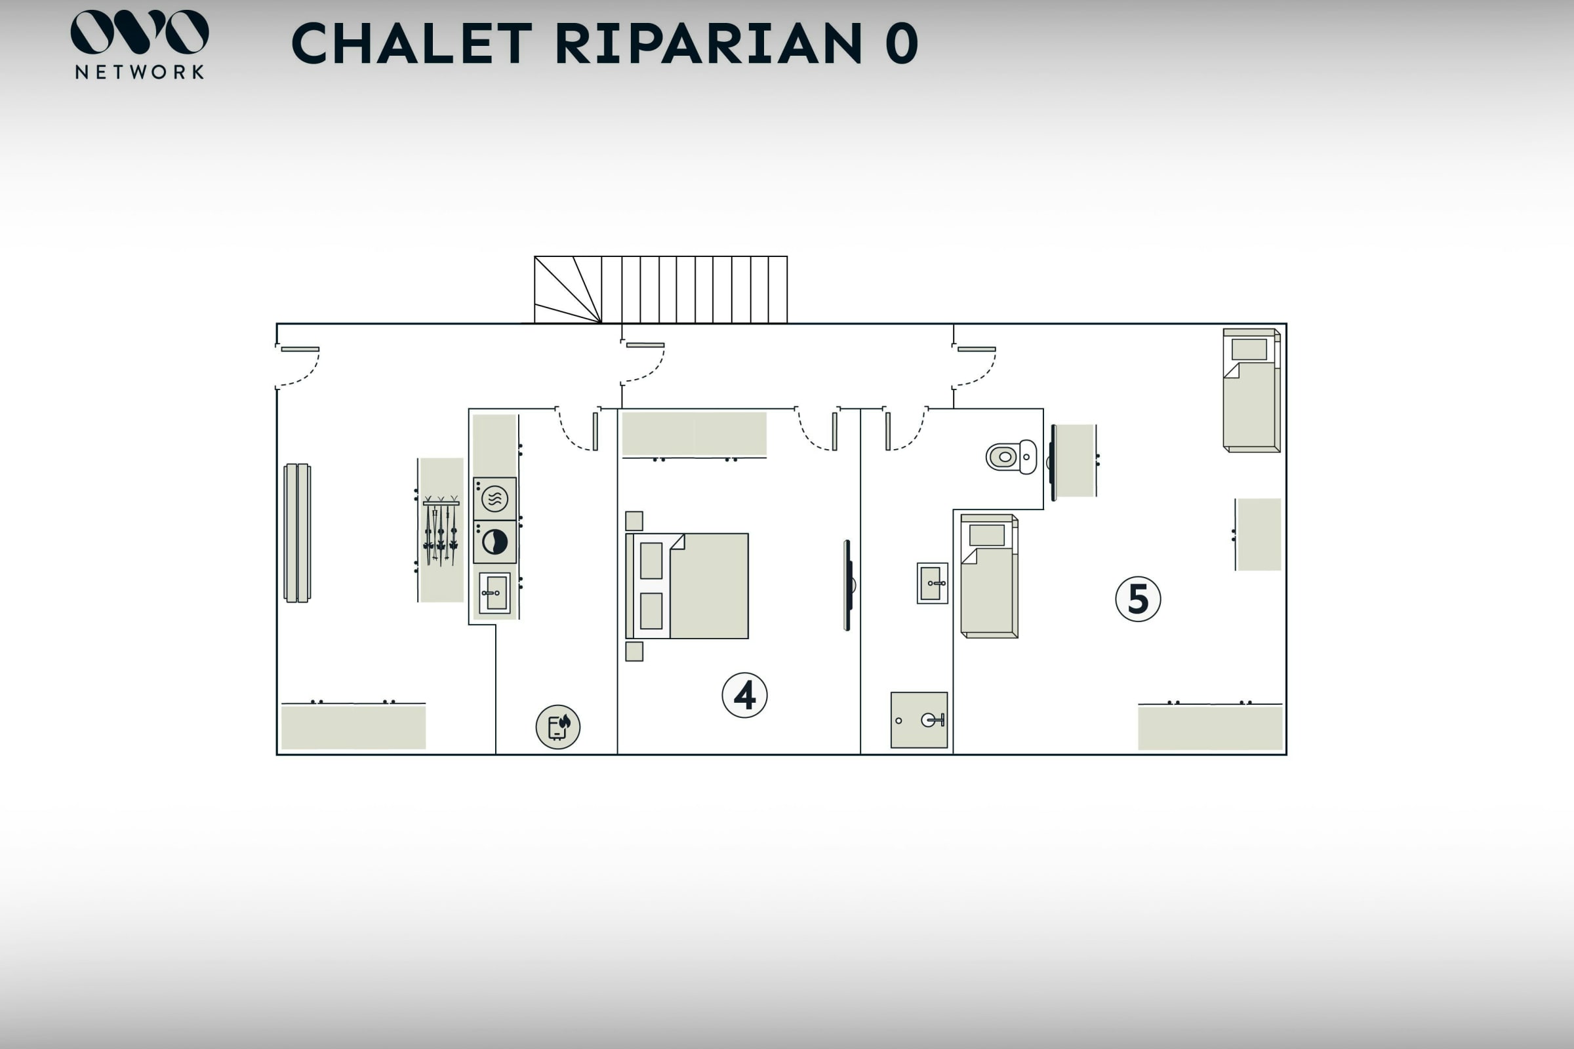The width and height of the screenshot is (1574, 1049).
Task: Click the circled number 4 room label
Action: pyautogui.click(x=744, y=695)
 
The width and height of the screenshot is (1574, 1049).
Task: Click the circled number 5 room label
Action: pyautogui.click(x=1138, y=599)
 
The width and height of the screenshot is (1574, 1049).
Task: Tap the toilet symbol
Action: pyautogui.click(x=1011, y=457)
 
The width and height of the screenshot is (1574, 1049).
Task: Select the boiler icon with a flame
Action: pyautogui.click(x=557, y=726)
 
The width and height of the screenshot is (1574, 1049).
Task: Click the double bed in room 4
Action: pyautogui.click(x=687, y=586)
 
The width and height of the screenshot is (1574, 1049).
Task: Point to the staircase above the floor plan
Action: pyautogui.click(x=660, y=290)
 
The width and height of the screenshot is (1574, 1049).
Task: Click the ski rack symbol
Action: pyautogui.click(x=440, y=530)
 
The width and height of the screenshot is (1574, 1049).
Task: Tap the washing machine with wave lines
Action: pyautogui.click(x=494, y=498)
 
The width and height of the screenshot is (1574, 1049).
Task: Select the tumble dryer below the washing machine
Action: pyautogui.click(x=494, y=542)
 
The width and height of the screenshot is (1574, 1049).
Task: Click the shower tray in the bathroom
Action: pyautogui.click(x=919, y=720)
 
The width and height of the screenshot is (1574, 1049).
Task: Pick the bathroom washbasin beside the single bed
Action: pyautogui.click(x=932, y=584)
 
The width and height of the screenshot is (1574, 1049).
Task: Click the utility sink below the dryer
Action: pyautogui.click(x=494, y=593)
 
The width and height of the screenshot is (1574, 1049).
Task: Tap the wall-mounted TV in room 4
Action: pyautogui.click(x=848, y=585)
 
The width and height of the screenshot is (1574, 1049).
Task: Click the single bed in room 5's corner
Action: pyautogui.click(x=1251, y=390)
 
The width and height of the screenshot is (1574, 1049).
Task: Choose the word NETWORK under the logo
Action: pyautogui.click(x=139, y=72)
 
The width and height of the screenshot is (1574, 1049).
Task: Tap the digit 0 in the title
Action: pyautogui.click(x=901, y=43)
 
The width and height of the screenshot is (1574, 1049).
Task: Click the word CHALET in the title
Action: pyautogui.click(x=412, y=43)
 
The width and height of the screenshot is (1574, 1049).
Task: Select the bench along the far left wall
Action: pyautogui.click(x=297, y=533)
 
